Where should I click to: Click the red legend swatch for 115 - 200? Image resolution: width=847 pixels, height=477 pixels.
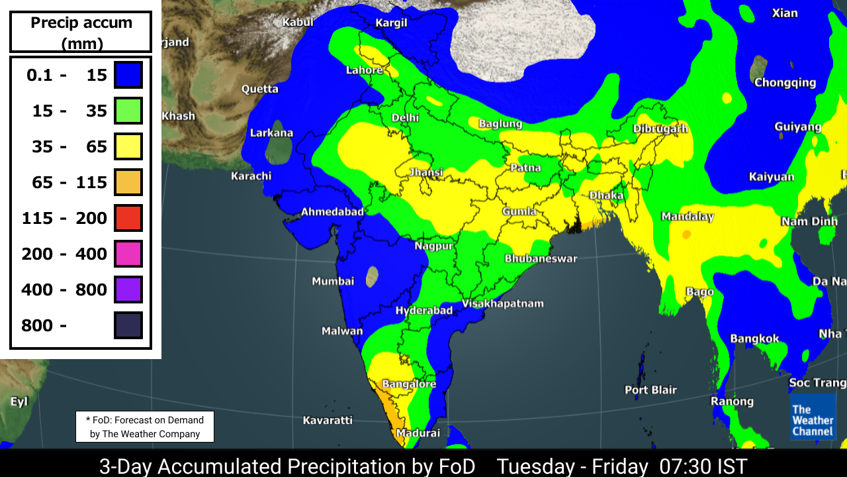[128, 218]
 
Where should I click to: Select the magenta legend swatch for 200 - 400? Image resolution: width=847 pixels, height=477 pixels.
[128, 254]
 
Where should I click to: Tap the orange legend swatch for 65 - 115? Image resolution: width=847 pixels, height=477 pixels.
[128, 182]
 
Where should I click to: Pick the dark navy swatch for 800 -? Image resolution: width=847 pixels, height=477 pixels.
[128, 325]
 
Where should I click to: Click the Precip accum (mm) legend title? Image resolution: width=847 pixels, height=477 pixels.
[81, 32]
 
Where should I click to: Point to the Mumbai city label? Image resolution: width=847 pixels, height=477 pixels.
[333, 282]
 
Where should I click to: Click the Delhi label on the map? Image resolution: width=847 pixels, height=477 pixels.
[405, 117]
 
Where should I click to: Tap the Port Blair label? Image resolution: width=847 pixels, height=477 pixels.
[650, 390]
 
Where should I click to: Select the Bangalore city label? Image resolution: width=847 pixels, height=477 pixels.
[409, 384]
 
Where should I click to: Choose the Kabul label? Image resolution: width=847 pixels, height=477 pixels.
[297, 22]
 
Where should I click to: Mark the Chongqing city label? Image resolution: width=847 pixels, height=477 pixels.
[785, 83]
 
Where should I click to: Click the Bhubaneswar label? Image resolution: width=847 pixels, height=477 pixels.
[541, 258]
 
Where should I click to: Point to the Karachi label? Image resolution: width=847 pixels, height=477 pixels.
[251, 176]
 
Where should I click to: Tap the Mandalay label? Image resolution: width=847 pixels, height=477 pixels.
[688, 217]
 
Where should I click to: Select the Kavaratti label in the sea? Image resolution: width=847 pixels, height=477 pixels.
[328, 420]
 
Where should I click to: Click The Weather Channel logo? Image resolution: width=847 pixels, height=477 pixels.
[813, 420]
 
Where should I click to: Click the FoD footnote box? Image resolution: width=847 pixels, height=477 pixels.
[145, 427]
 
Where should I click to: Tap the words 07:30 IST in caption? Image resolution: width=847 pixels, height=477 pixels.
[703, 466]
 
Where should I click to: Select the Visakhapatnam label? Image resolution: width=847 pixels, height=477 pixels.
[502, 303]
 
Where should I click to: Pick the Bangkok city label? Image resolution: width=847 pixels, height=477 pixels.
[754, 339]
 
